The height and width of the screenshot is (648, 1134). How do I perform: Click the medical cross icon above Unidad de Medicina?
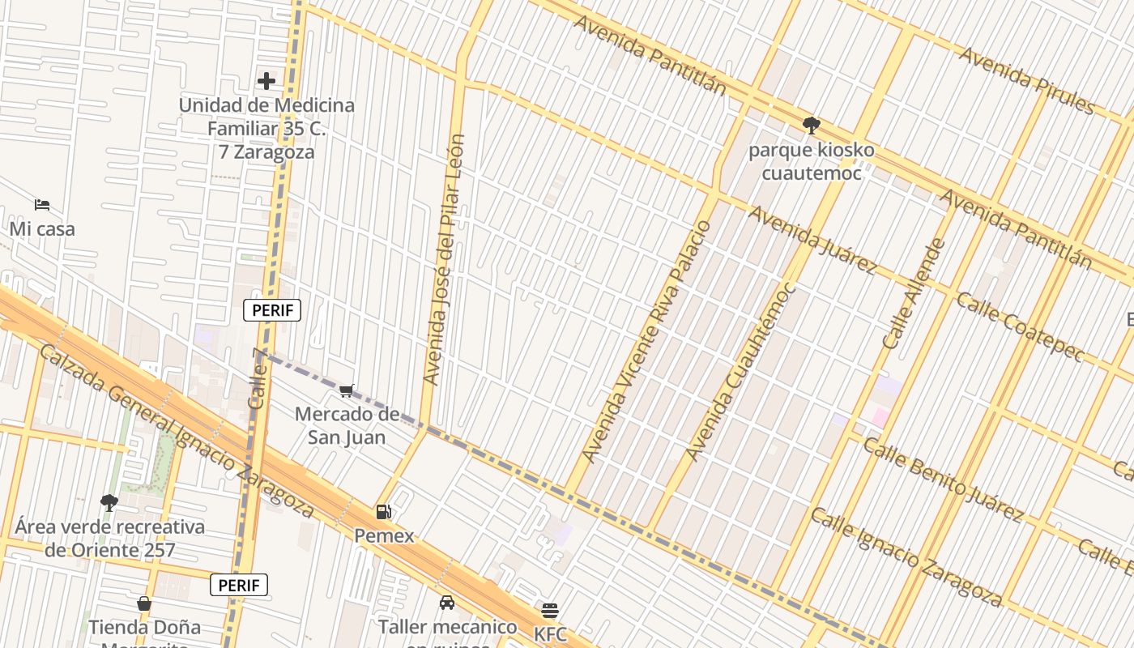266,81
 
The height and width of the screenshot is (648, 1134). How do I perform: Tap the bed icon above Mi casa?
42,205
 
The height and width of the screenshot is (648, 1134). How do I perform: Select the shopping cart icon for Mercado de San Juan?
347,391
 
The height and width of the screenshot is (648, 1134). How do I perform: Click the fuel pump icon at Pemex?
383,512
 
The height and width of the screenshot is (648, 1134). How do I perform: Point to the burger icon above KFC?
550,610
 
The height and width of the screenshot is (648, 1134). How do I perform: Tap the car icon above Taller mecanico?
446,603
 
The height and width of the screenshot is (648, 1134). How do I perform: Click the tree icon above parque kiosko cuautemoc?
811,126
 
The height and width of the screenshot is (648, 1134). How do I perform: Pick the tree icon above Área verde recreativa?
109,503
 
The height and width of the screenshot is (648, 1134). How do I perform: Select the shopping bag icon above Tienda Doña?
144,603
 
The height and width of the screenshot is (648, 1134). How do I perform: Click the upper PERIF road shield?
272,310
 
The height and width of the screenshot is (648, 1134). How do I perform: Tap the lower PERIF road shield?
239,585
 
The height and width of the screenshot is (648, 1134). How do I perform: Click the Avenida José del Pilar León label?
444,259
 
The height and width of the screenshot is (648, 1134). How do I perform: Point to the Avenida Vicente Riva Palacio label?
647,340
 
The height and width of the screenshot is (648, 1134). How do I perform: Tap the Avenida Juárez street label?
812,240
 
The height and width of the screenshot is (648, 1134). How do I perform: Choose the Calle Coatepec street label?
1020,326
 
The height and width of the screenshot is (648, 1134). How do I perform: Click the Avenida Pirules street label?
1026,80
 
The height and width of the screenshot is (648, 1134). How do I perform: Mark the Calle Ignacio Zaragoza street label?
906,556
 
